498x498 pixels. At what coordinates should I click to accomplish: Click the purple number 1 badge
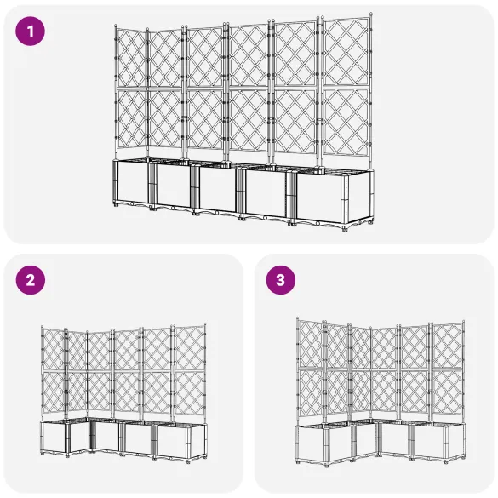coord(31,32)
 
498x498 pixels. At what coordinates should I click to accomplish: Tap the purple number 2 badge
coord(31,279)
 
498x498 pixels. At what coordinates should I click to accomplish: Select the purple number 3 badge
coord(280,279)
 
